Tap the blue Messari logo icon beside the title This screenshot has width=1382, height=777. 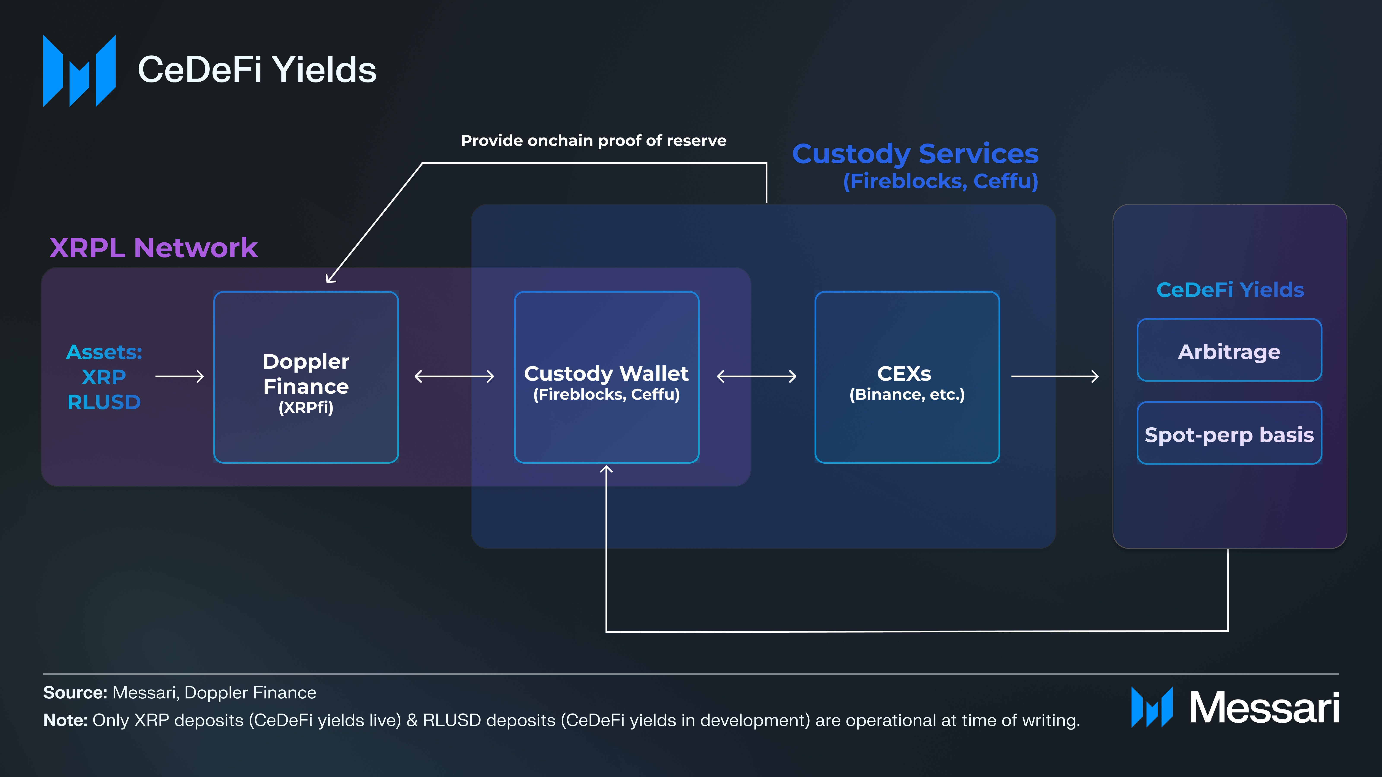79,71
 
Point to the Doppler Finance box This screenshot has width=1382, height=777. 306,377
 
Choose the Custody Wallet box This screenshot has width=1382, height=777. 606,377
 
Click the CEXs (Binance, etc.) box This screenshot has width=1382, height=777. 907,377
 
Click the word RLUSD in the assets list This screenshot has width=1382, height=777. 104,402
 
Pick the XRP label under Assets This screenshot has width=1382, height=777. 104,377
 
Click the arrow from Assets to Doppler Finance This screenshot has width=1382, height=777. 180,376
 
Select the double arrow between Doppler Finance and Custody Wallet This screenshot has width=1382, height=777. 454,376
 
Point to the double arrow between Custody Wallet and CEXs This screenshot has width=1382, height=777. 756,376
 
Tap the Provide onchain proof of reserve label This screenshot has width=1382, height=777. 593,141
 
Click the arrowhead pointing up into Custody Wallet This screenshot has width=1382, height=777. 606,470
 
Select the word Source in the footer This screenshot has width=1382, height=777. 75,693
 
